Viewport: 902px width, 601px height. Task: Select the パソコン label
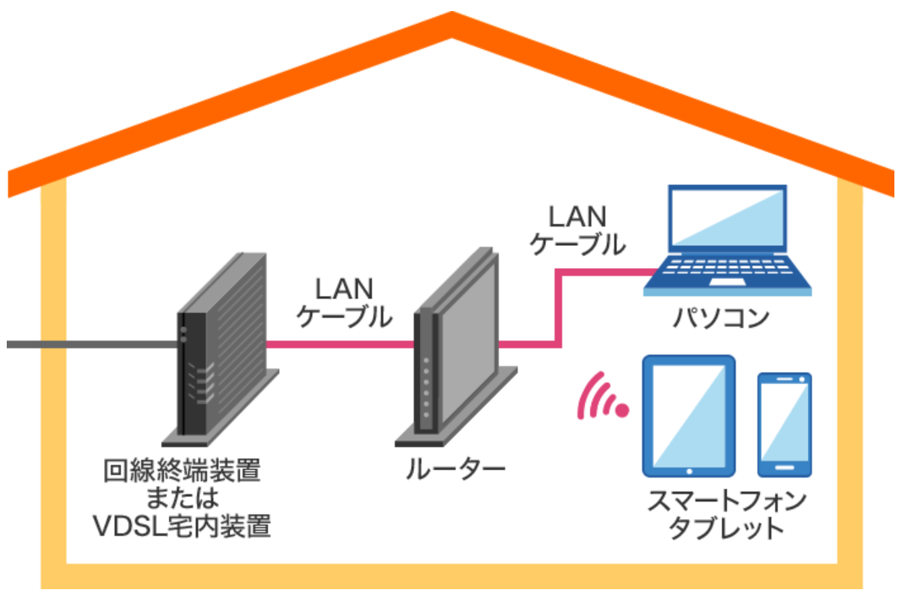720,318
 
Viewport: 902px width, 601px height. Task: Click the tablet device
688,414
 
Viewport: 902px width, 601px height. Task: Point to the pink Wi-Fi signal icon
602,397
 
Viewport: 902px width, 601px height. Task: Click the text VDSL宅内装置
181,527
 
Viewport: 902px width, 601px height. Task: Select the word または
181,498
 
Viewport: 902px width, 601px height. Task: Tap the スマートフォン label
726,500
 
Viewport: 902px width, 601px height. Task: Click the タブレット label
726,529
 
